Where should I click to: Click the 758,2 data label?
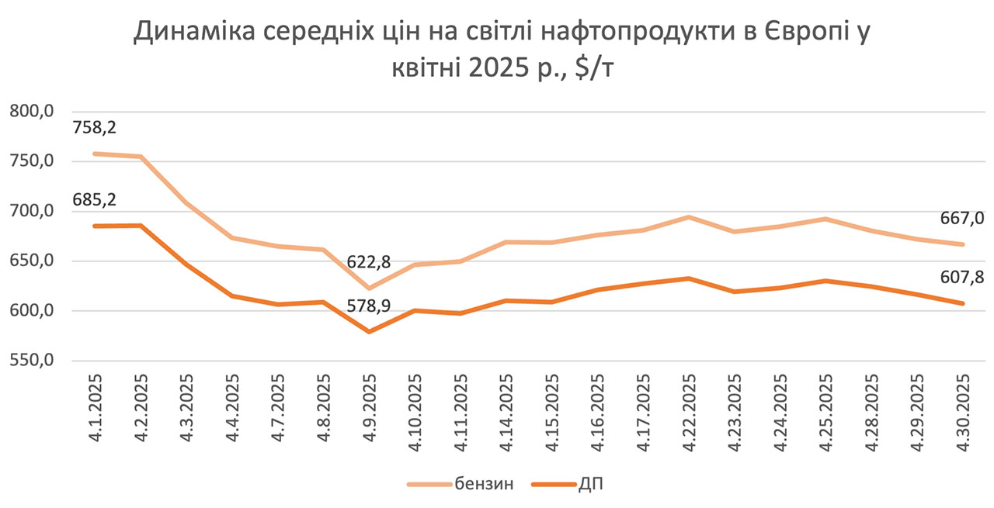(x=94, y=128)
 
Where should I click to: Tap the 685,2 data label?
(x=94, y=201)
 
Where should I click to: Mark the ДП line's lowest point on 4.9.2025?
(x=369, y=332)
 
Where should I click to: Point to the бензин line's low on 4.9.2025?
(x=369, y=289)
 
